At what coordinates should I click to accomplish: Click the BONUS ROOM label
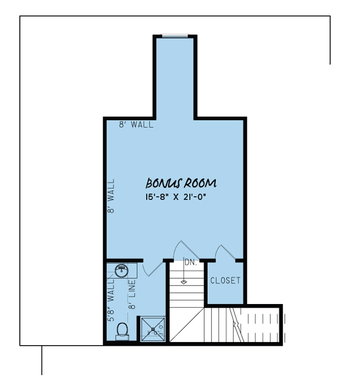click(x=181, y=184)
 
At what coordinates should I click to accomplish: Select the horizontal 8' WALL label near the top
click(x=136, y=125)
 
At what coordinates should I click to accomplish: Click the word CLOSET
click(x=225, y=281)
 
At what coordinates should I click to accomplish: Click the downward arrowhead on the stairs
click(x=184, y=282)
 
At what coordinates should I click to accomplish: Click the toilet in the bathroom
click(x=122, y=329)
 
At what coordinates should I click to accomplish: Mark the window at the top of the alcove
click(x=175, y=35)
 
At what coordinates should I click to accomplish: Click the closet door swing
click(x=225, y=252)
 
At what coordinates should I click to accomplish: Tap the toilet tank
click(x=121, y=337)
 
